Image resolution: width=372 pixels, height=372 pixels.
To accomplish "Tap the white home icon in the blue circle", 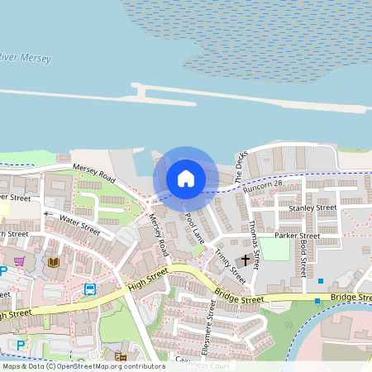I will (186, 178).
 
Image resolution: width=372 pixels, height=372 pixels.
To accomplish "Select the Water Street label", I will (79, 222).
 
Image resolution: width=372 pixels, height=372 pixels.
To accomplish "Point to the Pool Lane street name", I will (194, 227).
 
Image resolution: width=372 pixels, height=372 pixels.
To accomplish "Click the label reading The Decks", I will (241, 169).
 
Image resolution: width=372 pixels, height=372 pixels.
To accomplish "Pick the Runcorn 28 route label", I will (263, 185).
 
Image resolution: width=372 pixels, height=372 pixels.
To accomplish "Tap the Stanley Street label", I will (312, 207).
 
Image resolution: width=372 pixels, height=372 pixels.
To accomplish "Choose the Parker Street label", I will (297, 236).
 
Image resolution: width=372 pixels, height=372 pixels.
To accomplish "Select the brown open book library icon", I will (54, 262).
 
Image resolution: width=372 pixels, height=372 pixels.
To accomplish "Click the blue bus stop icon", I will (89, 289).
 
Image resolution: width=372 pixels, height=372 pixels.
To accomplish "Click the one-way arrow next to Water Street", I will (48, 214).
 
